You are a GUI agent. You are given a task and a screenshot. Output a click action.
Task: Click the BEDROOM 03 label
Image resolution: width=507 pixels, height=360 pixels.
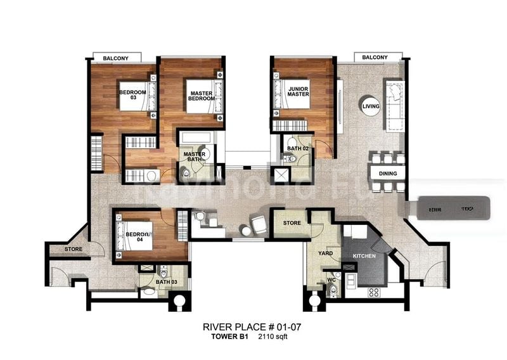click(132, 95)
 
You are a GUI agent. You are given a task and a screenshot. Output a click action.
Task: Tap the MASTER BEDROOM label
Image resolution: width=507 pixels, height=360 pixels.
click(201, 96)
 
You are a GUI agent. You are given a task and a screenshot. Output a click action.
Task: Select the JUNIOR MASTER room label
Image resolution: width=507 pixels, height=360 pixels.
click(297, 91)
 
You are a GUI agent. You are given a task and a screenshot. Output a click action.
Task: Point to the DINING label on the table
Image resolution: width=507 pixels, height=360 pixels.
click(388, 173)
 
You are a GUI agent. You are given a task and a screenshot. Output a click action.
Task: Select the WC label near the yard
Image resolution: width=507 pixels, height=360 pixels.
click(331, 280)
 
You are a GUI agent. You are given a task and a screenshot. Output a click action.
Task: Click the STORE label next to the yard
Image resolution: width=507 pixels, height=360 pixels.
click(292, 223)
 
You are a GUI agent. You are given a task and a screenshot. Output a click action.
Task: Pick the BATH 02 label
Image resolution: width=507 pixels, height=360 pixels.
click(297, 148)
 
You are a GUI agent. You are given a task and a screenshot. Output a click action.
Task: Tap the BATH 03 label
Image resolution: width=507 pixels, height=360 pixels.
click(165, 281)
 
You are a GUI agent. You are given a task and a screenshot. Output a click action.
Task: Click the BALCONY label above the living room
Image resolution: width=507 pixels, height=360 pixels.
click(375, 58)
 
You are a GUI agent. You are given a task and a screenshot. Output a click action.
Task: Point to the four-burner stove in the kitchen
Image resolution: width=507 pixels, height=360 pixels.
click(374, 292)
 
